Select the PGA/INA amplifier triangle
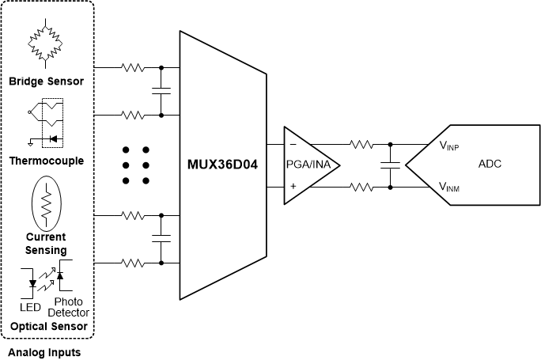point(311,165)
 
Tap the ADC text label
point(490,165)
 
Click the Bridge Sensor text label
point(47,81)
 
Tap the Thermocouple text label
point(47,161)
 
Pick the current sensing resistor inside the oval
point(47,203)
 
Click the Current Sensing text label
point(47,243)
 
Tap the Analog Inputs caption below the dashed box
point(44,351)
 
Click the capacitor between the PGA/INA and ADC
point(389,165)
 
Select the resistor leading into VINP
point(362,145)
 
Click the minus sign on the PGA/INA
point(293,145)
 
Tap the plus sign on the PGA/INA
point(293,187)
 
